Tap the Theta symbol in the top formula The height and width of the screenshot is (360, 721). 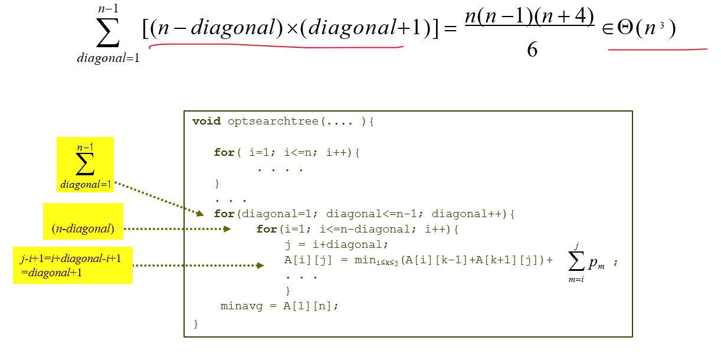click(625, 28)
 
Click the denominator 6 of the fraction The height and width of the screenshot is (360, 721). click(532, 50)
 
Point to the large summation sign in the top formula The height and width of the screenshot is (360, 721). click(108, 32)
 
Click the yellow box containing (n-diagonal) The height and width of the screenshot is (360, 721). click(83, 221)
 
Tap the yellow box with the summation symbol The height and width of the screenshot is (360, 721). click(85, 165)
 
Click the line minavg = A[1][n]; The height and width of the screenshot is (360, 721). click(280, 306)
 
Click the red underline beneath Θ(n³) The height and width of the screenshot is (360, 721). click(657, 50)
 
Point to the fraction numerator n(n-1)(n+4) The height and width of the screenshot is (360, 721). click(529, 17)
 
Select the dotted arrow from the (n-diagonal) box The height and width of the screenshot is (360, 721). click(177, 228)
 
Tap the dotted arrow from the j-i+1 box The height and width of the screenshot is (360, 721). click(198, 266)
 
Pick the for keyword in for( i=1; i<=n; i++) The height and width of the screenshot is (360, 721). click(224, 152)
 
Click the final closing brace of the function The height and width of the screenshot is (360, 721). click(196, 323)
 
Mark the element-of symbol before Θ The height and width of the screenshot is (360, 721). click(608, 28)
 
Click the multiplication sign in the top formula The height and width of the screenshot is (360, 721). click(291, 28)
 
